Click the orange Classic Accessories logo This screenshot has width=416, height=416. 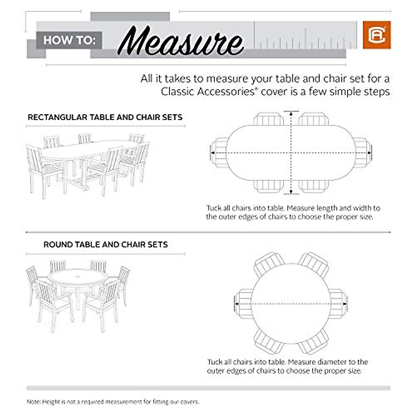click(x=376, y=35)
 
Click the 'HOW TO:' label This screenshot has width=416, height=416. click(x=69, y=40)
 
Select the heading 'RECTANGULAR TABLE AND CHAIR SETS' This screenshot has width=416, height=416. click(x=105, y=117)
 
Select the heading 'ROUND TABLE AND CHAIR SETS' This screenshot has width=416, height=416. click(x=105, y=244)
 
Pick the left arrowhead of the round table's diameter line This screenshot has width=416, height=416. click(x=236, y=304)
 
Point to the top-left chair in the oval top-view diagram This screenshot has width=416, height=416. click(x=269, y=119)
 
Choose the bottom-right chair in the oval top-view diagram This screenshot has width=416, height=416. click(x=314, y=186)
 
